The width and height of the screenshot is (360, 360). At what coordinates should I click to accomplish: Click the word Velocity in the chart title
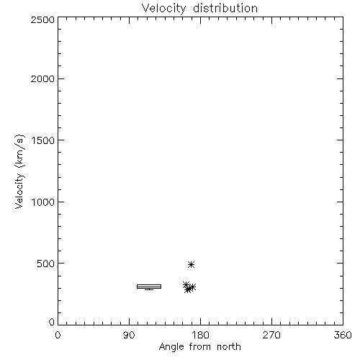[164, 9]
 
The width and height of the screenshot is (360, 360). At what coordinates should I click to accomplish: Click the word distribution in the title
[225, 8]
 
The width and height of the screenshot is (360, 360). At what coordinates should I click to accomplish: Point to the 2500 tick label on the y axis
[42, 19]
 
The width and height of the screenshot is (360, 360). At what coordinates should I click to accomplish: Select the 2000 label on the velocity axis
[42, 78]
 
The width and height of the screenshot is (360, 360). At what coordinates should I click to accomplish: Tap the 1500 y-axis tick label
[43, 140]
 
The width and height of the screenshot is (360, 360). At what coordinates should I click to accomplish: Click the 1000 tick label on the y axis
[43, 202]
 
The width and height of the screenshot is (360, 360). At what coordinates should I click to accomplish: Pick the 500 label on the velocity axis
[46, 264]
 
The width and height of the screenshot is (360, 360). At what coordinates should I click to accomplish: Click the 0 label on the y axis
[52, 322]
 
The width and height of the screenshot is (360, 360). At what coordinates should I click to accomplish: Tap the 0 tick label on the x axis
[58, 335]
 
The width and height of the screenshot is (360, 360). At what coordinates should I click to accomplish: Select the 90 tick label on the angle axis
[129, 335]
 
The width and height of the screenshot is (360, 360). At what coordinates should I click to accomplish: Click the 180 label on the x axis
[199, 335]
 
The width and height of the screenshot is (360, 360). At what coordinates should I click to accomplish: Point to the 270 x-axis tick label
[271, 335]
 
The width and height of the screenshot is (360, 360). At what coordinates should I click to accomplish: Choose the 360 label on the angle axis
[343, 335]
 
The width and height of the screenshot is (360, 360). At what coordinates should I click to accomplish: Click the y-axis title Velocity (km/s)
[19, 171]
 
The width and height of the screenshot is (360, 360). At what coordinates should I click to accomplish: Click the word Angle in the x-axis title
[171, 347]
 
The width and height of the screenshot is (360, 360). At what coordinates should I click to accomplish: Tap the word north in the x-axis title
[229, 347]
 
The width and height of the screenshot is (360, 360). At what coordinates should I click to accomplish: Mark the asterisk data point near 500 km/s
[191, 264]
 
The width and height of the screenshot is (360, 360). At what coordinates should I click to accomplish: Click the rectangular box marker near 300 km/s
[149, 287]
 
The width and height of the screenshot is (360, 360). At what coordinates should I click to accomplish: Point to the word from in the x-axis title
[201, 347]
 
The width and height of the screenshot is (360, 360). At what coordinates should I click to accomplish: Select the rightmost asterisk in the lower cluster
[192, 287]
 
